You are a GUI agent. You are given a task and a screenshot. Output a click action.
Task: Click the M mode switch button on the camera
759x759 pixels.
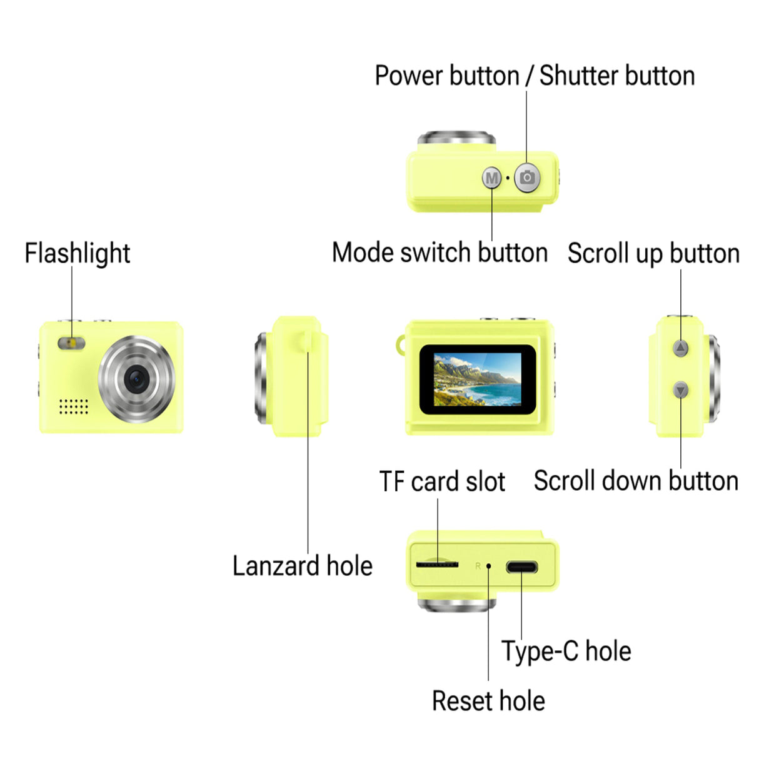click(492, 178)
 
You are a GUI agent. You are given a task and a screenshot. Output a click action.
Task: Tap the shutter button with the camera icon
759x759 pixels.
click(527, 178)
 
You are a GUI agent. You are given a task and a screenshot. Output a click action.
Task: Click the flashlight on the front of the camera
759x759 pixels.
click(71, 343)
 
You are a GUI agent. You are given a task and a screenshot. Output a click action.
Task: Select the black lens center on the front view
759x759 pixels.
click(136, 379)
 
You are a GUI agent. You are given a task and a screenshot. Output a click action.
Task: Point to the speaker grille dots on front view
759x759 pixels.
click(73, 406)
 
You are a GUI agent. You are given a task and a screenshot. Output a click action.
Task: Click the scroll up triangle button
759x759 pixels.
click(681, 348)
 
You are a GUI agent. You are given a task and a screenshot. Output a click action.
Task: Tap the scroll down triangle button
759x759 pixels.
click(681, 391)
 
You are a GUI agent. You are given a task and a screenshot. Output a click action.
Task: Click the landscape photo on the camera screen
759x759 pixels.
click(477, 379)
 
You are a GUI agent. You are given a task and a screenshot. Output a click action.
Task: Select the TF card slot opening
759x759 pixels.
click(437, 565)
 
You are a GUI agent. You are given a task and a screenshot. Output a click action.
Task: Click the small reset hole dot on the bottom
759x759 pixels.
click(488, 566)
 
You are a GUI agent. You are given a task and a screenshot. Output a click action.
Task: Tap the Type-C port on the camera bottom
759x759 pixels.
click(521, 568)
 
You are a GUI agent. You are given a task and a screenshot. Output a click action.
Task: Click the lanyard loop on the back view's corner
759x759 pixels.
click(400, 344)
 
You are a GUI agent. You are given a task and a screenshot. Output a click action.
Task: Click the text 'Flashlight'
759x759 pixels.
click(77, 253)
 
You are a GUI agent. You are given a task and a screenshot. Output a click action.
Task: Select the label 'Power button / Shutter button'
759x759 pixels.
click(535, 76)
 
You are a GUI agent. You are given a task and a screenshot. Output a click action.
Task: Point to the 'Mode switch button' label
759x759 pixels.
click(440, 253)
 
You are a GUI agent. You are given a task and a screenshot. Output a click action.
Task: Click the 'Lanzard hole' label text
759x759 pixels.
click(302, 566)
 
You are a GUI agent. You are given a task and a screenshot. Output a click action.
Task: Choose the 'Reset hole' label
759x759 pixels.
click(488, 701)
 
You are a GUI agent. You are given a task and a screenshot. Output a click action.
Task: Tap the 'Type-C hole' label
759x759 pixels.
click(566, 651)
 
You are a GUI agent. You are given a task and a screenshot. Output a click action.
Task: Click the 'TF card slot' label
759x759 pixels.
click(442, 481)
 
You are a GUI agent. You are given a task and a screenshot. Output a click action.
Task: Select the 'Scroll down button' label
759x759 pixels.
click(636, 481)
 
